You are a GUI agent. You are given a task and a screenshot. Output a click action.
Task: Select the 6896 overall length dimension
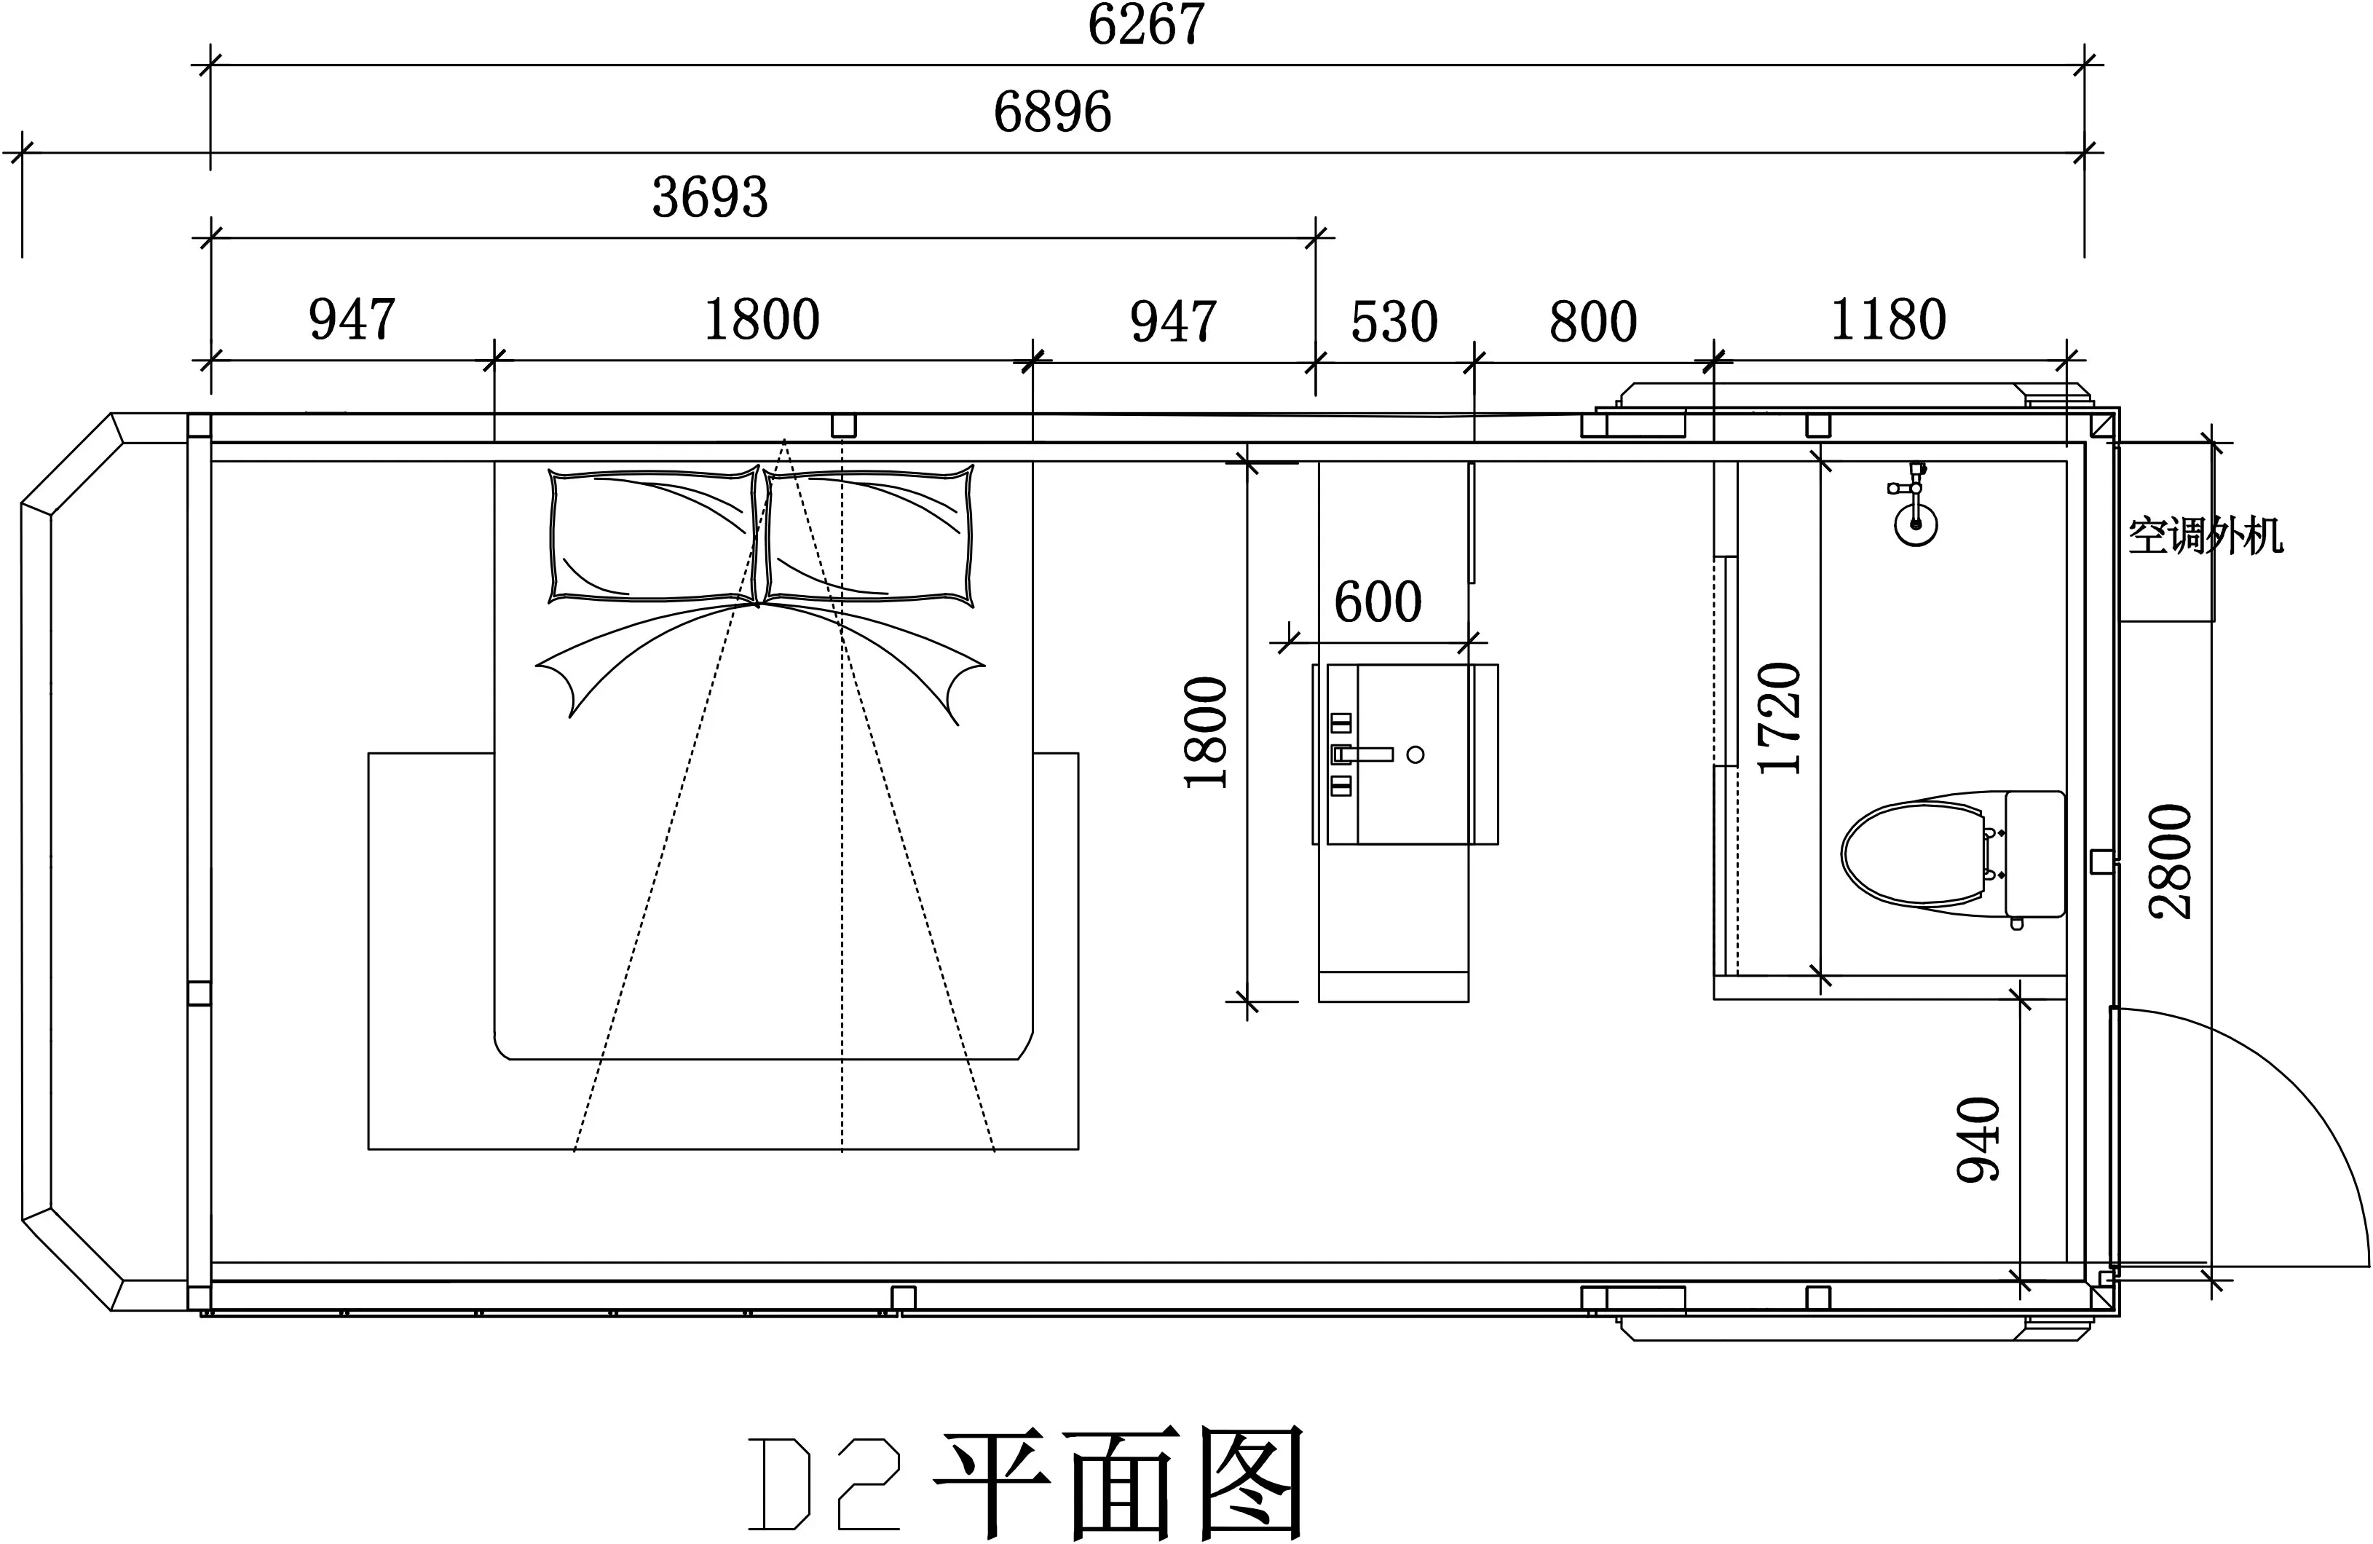click(x=1052, y=111)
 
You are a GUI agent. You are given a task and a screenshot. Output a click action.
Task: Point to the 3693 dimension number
click(x=710, y=197)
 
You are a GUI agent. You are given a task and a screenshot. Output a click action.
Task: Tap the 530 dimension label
click(x=1394, y=321)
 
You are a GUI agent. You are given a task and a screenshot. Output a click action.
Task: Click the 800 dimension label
click(x=1592, y=321)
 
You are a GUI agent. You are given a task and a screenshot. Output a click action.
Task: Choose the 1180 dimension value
click(x=1887, y=319)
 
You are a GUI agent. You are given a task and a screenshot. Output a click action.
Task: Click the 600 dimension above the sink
click(x=1377, y=602)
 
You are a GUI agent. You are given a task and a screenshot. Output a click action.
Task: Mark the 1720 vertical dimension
click(x=1780, y=718)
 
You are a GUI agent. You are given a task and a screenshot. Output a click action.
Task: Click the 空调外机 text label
click(x=2206, y=537)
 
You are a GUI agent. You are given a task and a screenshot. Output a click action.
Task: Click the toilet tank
click(x=2034, y=854)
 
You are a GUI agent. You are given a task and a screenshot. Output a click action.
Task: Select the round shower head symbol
click(x=1915, y=524)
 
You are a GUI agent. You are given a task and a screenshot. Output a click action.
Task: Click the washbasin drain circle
click(x=1415, y=755)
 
